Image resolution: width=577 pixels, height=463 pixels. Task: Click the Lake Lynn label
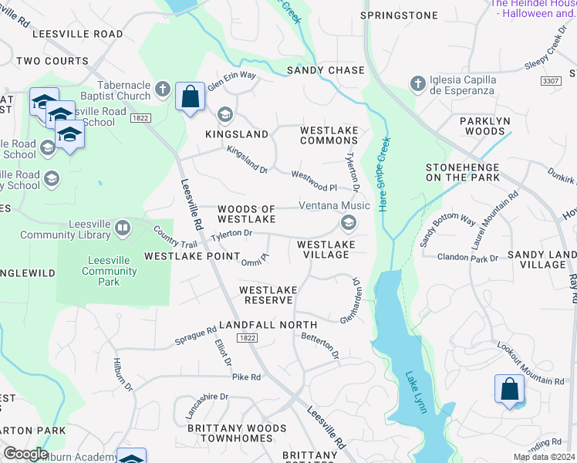tap(416, 392)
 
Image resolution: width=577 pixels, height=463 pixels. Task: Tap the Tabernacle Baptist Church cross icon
tap(162, 90)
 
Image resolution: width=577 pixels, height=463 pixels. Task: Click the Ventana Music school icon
tap(348, 223)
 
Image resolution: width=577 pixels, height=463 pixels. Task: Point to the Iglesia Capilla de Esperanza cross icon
tap(417, 83)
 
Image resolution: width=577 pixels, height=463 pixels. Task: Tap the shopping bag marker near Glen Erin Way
tap(190, 97)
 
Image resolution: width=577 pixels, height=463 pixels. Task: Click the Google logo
tap(25, 453)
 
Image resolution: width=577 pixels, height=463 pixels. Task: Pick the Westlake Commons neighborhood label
tap(329, 135)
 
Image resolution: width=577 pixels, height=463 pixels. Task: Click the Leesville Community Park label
tap(110, 271)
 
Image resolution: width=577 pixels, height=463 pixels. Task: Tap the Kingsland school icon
tap(224, 115)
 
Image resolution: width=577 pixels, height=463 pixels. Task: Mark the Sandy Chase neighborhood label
tap(326, 70)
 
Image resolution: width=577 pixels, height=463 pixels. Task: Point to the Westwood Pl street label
tap(314, 182)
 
